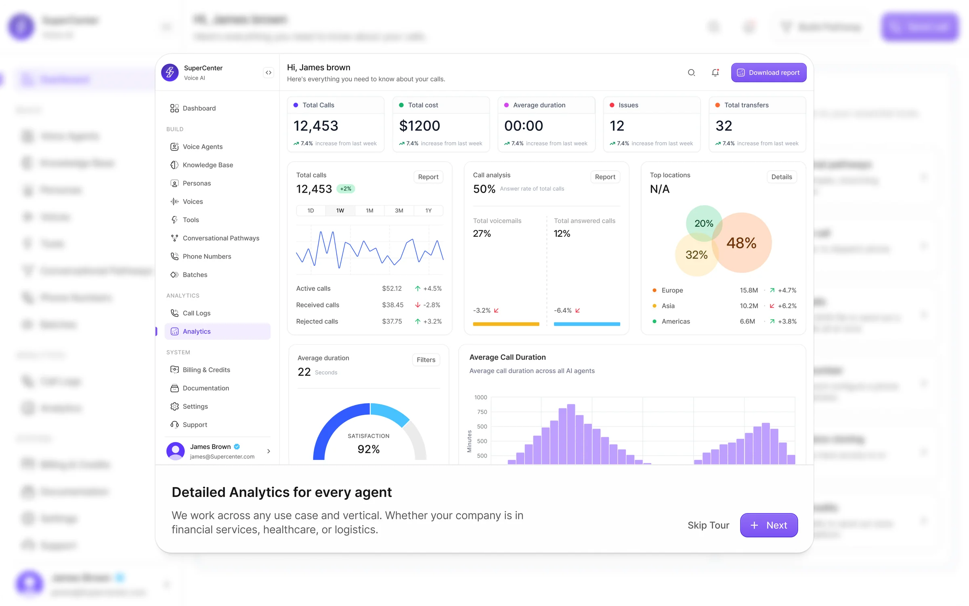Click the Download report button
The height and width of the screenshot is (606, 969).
(x=768, y=73)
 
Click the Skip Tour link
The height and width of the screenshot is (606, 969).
(x=708, y=525)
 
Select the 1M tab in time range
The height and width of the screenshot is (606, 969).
(x=369, y=210)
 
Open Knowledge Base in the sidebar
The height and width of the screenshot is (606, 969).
(x=208, y=165)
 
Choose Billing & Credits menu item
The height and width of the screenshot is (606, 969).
(x=206, y=370)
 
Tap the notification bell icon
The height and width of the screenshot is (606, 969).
(x=715, y=73)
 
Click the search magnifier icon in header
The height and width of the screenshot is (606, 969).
(x=691, y=73)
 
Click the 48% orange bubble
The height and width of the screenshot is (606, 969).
(x=742, y=243)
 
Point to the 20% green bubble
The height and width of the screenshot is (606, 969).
(x=703, y=223)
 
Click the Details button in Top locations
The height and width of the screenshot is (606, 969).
(x=781, y=177)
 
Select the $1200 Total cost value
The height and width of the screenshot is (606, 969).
(x=419, y=126)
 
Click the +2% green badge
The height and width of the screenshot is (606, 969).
(x=346, y=189)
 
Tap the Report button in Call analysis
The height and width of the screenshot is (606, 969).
(x=605, y=177)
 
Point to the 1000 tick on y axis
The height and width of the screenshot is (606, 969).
(x=480, y=398)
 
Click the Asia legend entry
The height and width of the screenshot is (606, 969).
(x=668, y=306)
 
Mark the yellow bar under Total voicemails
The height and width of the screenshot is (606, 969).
(x=506, y=324)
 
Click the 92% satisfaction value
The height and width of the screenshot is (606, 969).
(x=368, y=449)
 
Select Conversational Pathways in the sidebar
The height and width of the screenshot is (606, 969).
(x=220, y=238)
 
